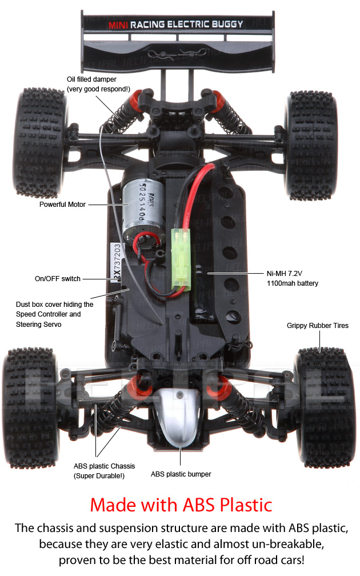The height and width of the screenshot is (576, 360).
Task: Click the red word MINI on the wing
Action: click(118, 25)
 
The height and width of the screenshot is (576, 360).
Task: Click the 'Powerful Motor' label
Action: click(62, 204)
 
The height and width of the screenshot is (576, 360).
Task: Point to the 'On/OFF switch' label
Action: click(58, 279)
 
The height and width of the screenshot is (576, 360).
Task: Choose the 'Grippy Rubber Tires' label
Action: click(317, 326)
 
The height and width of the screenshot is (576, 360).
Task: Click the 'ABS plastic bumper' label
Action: click(181, 474)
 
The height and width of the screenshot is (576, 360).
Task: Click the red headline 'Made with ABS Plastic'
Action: click(181, 505)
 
